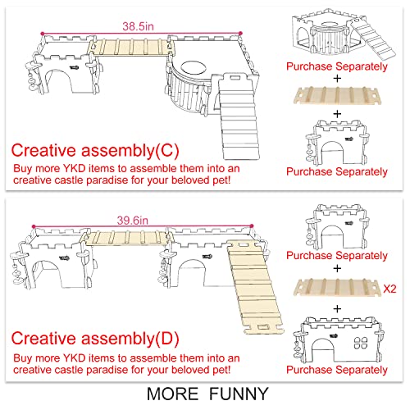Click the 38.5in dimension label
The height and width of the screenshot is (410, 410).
(x=138, y=26)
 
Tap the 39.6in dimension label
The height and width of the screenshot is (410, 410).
(x=133, y=221)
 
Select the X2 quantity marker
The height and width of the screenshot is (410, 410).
(x=389, y=289)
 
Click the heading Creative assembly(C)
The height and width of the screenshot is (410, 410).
(x=95, y=150)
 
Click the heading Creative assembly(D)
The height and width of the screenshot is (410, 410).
(x=95, y=339)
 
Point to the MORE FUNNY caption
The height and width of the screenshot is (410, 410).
(x=207, y=394)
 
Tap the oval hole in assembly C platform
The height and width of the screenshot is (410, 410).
(x=194, y=66)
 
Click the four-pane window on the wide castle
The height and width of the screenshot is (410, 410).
(x=361, y=343)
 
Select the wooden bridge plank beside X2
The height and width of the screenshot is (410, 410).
(x=337, y=287)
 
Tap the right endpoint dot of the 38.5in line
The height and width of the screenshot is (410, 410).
(x=240, y=34)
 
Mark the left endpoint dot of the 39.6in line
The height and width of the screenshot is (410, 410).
(x=34, y=226)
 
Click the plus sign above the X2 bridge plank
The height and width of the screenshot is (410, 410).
(x=337, y=269)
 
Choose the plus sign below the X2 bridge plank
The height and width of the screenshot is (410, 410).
(x=337, y=309)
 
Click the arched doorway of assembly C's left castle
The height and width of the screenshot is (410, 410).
(x=58, y=81)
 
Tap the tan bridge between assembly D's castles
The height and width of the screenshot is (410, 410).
(x=126, y=238)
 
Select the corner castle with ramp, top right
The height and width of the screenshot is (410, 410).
(x=344, y=34)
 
